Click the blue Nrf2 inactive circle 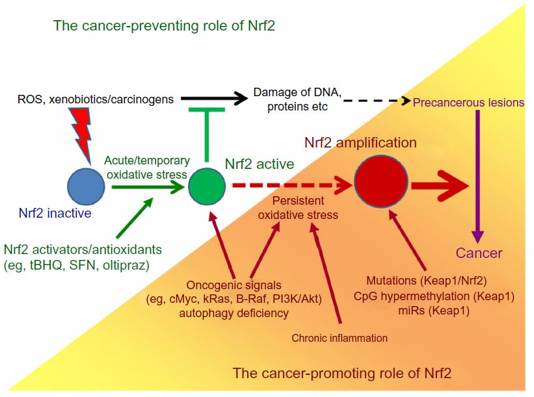86,185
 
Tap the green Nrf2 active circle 207,186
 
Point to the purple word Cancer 479,253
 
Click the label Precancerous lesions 468,102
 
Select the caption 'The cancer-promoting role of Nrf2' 341,374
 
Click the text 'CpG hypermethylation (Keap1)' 434,296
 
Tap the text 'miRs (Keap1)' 434,311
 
